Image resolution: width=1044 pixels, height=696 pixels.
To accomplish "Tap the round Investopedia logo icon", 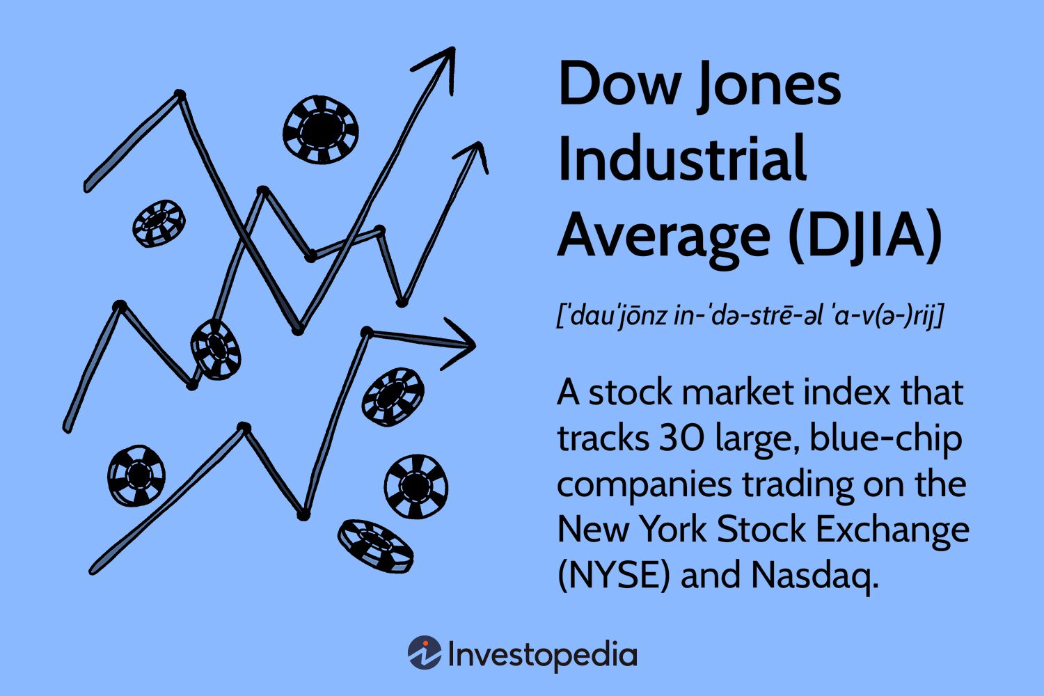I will pyautogui.click(x=425, y=654).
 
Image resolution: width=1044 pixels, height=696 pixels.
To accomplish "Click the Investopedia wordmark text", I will pyautogui.click(x=542, y=655).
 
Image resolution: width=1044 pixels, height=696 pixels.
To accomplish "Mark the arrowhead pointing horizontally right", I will pyautogui.click(x=459, y=343).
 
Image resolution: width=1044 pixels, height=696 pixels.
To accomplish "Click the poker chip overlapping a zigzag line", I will pyautogui.click(x=216, y=349).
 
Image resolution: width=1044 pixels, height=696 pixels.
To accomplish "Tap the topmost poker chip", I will pyautogui.click(x=321, y=129).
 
